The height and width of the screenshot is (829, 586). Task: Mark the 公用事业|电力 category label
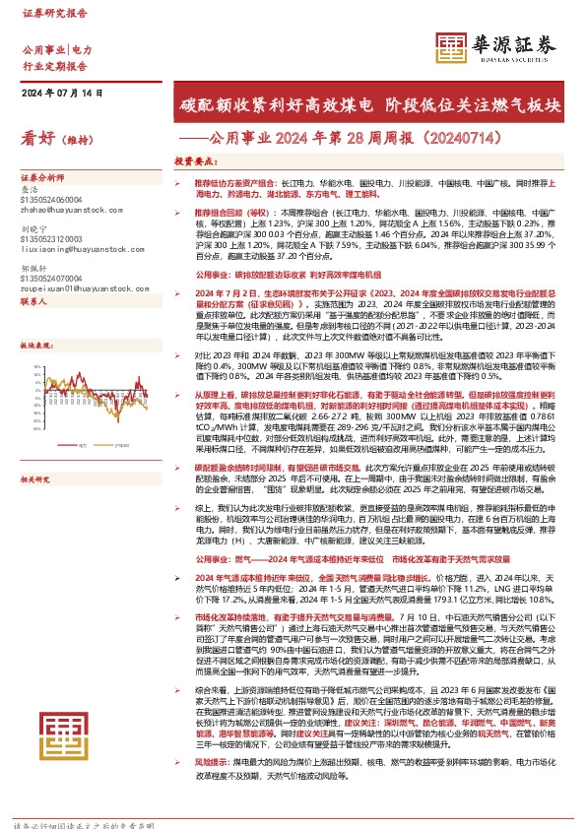[x=56, y=49]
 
